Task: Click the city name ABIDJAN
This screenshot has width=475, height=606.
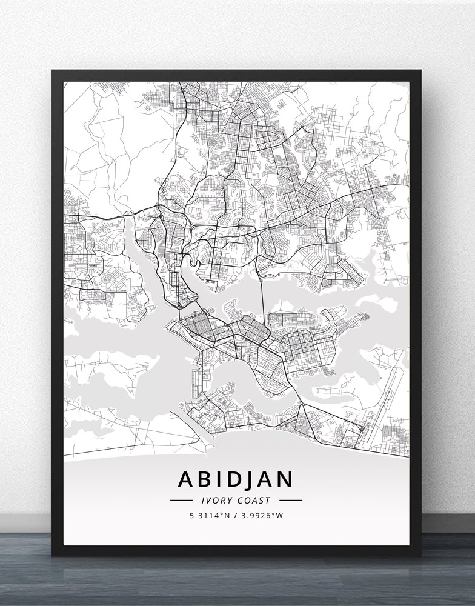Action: coord(236,479)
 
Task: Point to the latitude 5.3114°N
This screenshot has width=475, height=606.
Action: coord(210,516)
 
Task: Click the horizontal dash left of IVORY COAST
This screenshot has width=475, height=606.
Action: coord(181,501)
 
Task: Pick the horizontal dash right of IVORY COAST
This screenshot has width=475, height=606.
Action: coord(290,501)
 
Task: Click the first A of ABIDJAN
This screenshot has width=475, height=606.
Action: coord(187,479)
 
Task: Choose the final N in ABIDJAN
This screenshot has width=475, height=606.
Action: coord(285,479)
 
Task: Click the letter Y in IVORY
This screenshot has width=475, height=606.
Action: coord(228,501)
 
